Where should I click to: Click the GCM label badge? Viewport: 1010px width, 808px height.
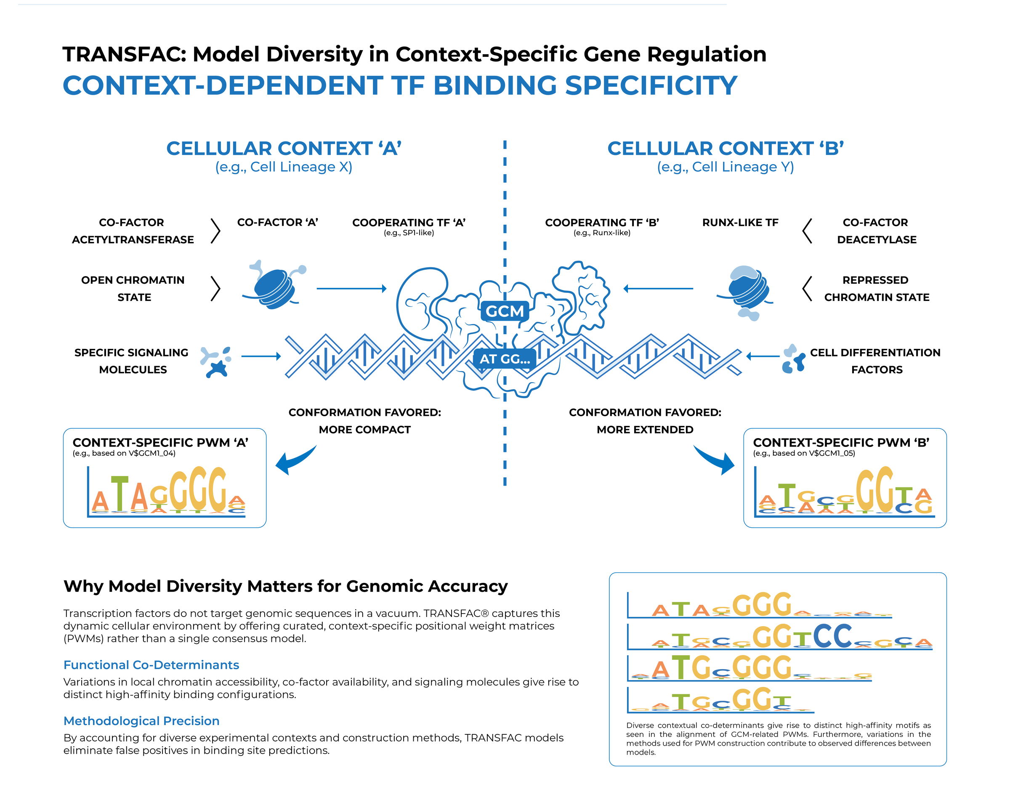[x=505, y=311]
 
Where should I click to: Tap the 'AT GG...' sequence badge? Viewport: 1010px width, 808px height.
[x=505, y=359]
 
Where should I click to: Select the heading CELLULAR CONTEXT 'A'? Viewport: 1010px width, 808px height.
[x=284, y=149]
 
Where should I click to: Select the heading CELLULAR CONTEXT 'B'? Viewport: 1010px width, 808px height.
[x=726, y=149]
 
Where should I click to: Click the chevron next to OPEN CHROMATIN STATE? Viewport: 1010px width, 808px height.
[x=215, y=289]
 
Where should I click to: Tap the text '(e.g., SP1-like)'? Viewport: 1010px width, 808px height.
[x=409, y=233]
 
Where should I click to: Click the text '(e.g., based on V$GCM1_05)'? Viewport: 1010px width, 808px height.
[x=804, y=453]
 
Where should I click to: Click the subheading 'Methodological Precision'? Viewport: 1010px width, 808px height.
[x=141, y=721]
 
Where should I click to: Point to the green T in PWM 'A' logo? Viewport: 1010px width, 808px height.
[x=120, y=494]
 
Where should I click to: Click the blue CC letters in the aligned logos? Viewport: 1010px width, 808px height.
[x=832, y=635]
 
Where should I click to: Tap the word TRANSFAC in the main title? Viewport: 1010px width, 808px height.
[x=124, y=54]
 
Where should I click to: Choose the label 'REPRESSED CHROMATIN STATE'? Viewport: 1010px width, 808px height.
[x=876, y=289]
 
